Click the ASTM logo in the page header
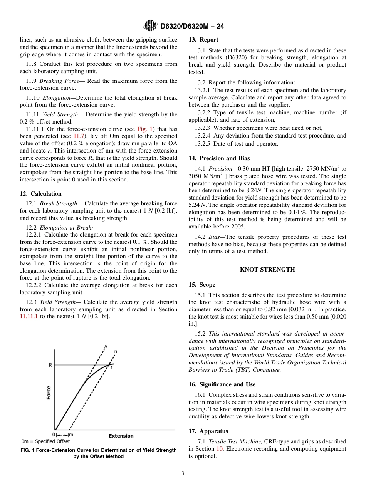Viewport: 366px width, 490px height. point(150,26)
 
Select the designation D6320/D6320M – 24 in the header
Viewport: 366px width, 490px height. point(192,27)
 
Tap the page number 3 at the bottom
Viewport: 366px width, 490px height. point(183,473)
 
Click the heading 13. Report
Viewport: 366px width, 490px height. point(203,40)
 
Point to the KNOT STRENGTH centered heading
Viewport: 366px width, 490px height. point(267,270)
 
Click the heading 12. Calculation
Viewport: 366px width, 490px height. point(40,194)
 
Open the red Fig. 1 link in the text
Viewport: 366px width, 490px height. point(145,129)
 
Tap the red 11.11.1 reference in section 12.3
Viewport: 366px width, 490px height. point(29,317)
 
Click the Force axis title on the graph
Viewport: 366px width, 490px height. point(49,393)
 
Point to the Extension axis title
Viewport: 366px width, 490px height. point(121,436)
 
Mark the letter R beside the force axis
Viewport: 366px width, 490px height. point(50,365)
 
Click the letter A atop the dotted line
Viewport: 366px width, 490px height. point(106,347)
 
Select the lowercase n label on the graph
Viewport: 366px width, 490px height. point(116,351)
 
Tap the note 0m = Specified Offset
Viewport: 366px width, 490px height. point(40,441)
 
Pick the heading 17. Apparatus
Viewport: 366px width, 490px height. point(208,431)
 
